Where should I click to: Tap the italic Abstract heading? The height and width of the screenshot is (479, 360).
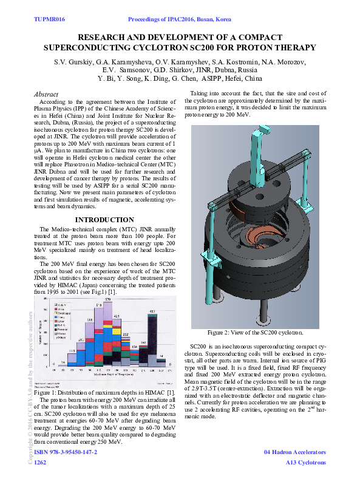pyautogui.click(x=46, y=95)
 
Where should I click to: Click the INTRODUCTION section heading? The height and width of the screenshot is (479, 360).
pyautogui.click(x=104, y=220)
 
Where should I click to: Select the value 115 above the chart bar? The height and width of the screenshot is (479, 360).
pyautogui.click(x=72, y=351)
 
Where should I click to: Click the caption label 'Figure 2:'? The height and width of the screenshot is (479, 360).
pyautogui.click(x=223, y=333)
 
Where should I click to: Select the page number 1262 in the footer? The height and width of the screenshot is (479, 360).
pyautogui.click(x=41, y=463)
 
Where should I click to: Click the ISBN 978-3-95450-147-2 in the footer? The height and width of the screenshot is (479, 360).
pyautogui.click(x=66, y=452)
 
